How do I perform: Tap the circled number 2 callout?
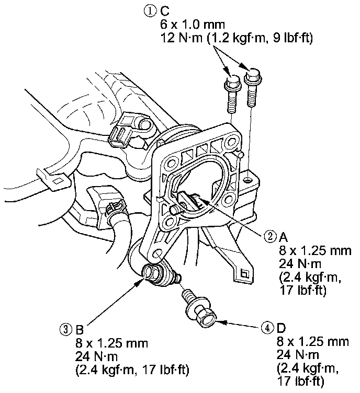(270, 236)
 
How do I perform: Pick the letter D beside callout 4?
(281, 328)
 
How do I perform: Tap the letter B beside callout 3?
(80, 330)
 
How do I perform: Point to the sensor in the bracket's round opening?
(189, 199)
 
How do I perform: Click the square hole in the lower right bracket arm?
(244, 273)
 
